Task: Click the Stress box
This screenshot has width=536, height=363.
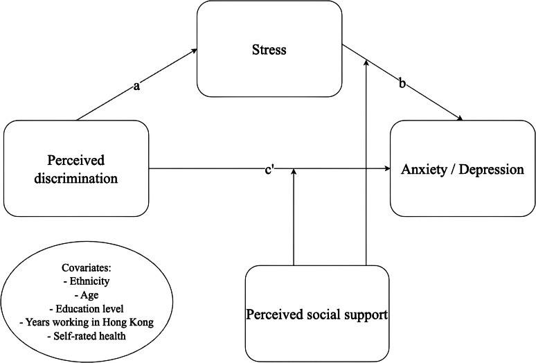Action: click(269, 50)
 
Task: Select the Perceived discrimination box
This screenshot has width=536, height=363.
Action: click(76, 169)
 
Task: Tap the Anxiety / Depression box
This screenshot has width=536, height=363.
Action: click(463, 169)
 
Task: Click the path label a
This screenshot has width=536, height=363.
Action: click(136, 88)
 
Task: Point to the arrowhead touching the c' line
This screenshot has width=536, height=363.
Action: click(294, 172)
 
